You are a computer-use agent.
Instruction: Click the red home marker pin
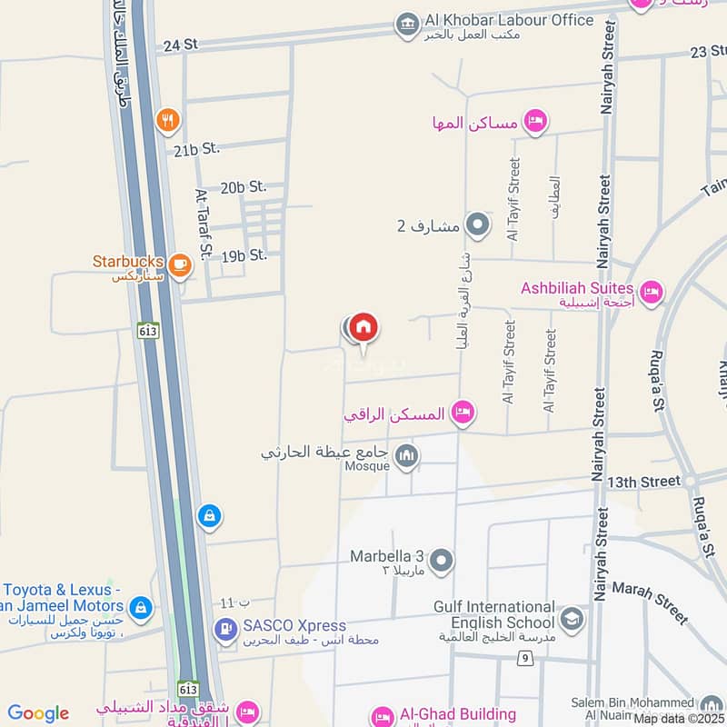(363, 327)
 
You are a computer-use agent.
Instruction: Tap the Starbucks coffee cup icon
(179, 264)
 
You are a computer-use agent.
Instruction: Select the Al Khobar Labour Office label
(508, 20)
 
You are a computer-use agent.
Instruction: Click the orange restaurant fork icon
(166, 119)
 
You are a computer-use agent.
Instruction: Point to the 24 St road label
(178, 43)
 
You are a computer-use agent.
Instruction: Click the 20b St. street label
(244, 186)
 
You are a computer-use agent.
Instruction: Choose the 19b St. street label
(244, 255)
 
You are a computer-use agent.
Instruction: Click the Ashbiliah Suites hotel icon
(651, 292)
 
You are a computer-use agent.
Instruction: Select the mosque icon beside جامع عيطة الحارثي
(406, 453)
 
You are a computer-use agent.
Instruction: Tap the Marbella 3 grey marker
(442, 561)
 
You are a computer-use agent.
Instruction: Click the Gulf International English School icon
(572, 620)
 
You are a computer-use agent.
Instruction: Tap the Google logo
(38, 713)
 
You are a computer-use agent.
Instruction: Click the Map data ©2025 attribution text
(679, 718)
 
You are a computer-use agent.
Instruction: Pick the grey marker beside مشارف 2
(476, 224)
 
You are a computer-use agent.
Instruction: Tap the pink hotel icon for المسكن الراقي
(463, 413)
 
